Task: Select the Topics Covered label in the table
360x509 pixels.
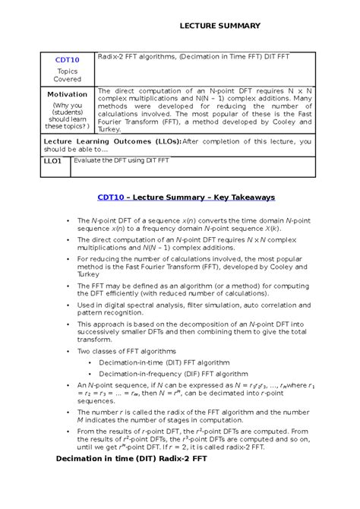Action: pyautogui.click(x=67, y=74)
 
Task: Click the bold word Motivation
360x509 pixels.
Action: pyautogui.click(x=67, y=94)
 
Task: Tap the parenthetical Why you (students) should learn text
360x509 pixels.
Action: pyautogui.click(x=67, y=115)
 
